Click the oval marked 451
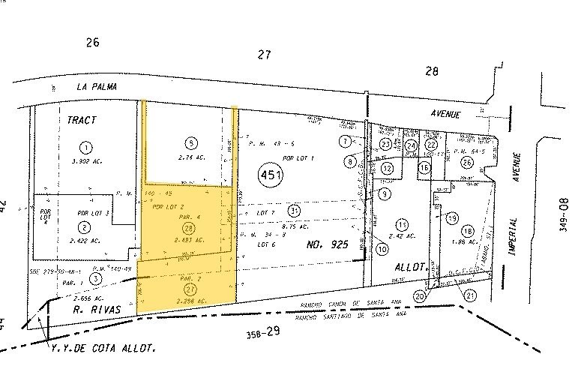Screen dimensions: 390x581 [271, 175]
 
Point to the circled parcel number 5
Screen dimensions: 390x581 [192, 142]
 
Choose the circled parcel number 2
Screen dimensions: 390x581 [85, 227]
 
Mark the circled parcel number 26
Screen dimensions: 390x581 [467, 163]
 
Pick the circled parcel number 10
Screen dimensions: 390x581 [382, 248]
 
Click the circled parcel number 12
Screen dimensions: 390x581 [387, 169]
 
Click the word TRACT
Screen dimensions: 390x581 [82, 119]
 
